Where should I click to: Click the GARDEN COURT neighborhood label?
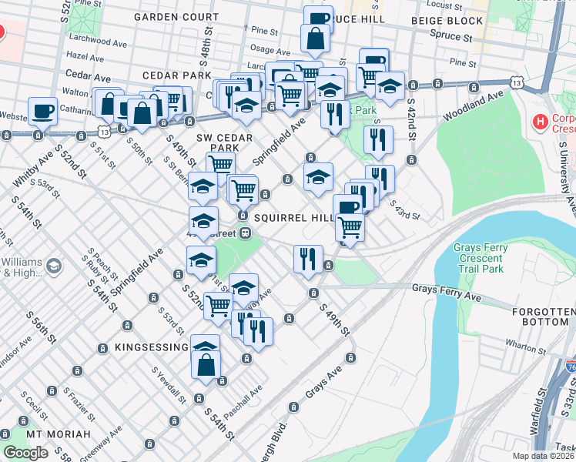[x=177, y=16]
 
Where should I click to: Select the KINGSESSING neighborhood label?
[x=151, y=348]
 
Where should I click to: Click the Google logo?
[x=26, y=453]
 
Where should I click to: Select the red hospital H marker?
[x=541, y=121]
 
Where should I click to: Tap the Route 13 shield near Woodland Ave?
[x=515, y=82]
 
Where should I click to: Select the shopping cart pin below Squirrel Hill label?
[x=350, y=227]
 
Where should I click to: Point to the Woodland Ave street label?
[x=473, y=105]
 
